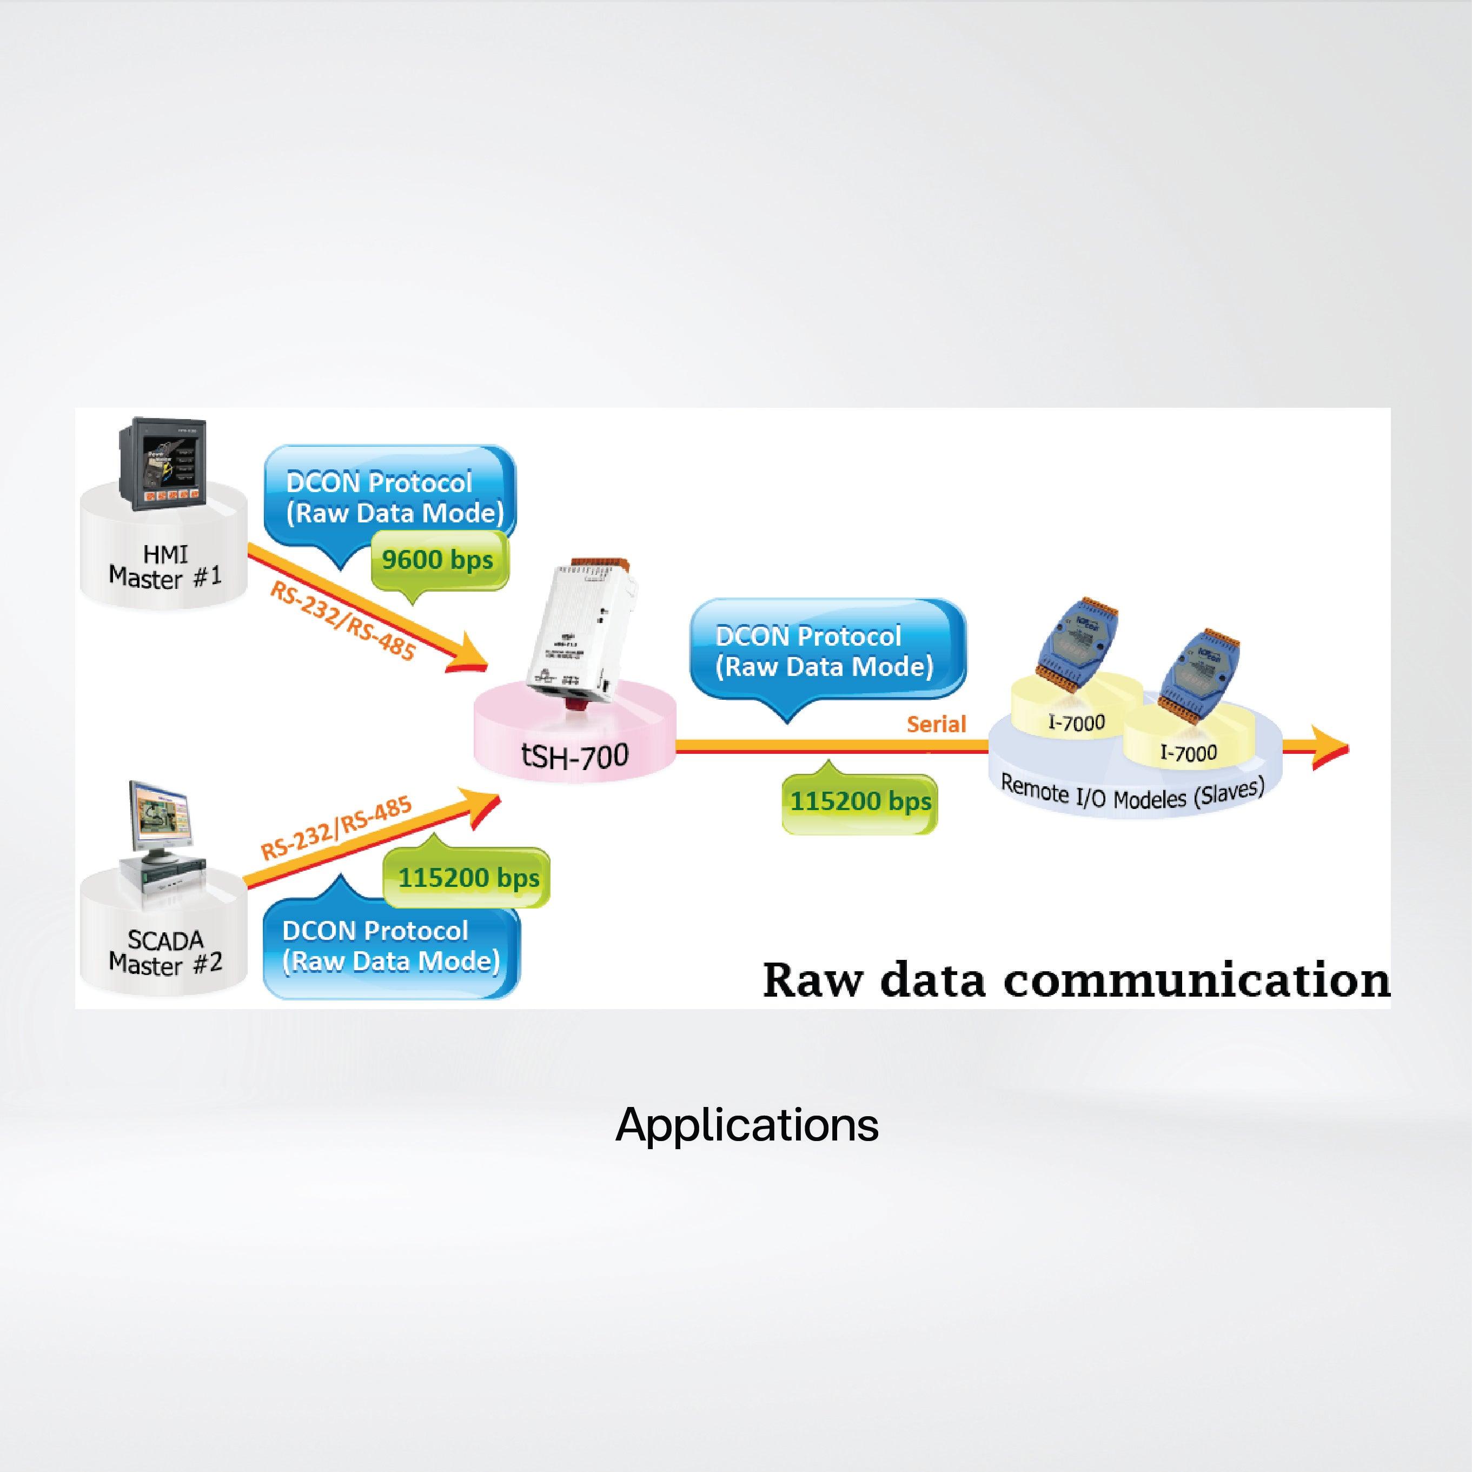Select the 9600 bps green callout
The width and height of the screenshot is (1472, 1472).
pos(438,560)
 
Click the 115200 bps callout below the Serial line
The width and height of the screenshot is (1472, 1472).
pos(860,801)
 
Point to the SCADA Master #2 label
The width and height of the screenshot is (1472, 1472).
pos(165,952)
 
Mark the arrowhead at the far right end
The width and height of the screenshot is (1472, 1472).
pos(1330,750)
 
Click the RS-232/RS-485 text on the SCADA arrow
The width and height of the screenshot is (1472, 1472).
pos(336,828)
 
